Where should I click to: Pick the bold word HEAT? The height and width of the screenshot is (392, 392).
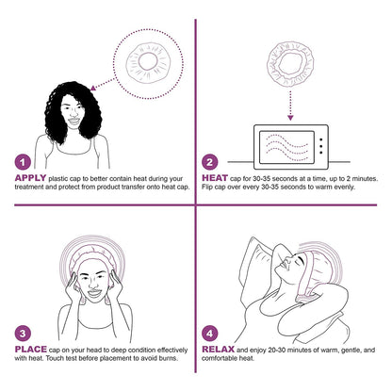click(215, 176)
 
